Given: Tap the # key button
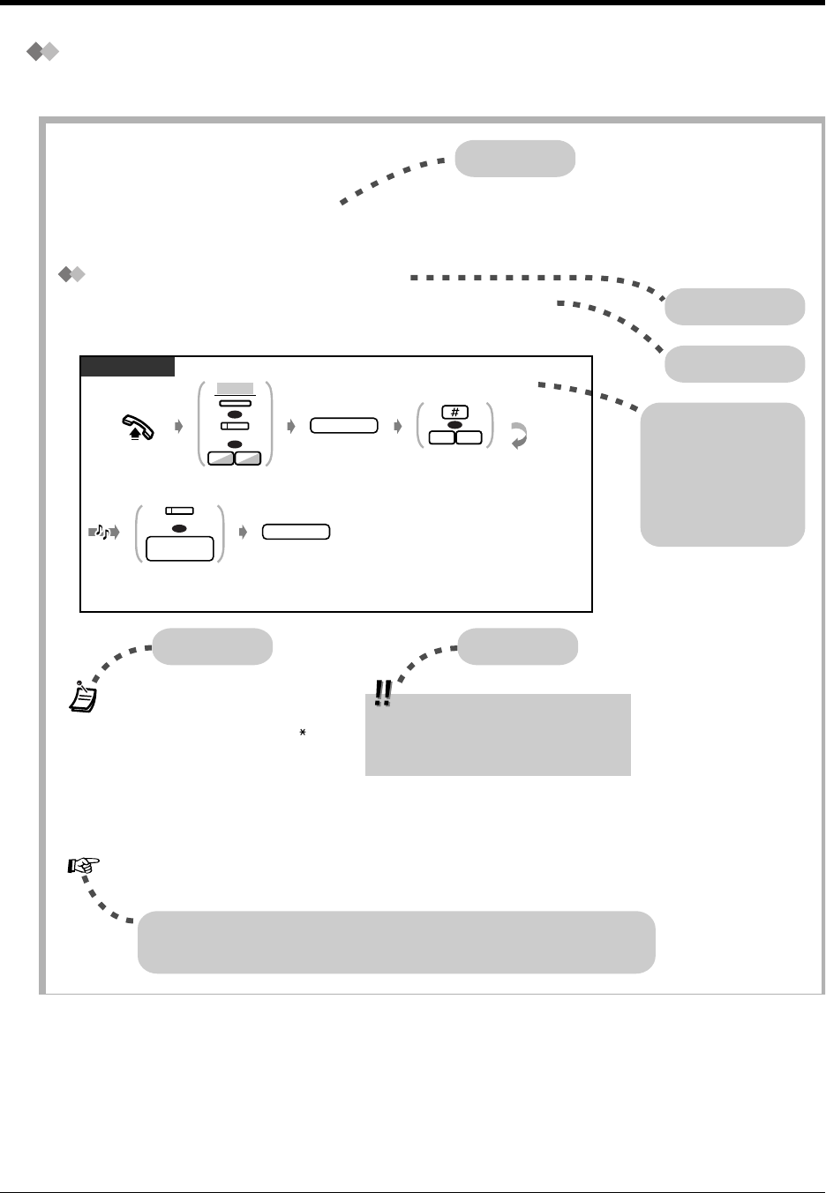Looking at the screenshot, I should [454, 412].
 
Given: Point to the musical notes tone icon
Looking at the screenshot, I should [103, 532].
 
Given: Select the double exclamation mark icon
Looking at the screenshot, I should [383, 693].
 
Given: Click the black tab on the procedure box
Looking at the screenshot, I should [127, 366].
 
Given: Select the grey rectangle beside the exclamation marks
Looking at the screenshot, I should [498, 734].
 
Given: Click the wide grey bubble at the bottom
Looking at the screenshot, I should [396, 942].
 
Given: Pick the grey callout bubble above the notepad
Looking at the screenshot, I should [212, 646].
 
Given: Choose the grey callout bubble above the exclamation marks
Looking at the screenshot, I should [518, 646].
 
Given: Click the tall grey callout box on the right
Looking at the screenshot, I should [722, 474].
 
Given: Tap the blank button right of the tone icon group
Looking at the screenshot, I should [297, 532].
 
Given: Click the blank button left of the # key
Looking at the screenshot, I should [343, 426].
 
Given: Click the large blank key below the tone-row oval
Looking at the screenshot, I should [180, 548].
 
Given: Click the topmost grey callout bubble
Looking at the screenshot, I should [515, 159].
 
